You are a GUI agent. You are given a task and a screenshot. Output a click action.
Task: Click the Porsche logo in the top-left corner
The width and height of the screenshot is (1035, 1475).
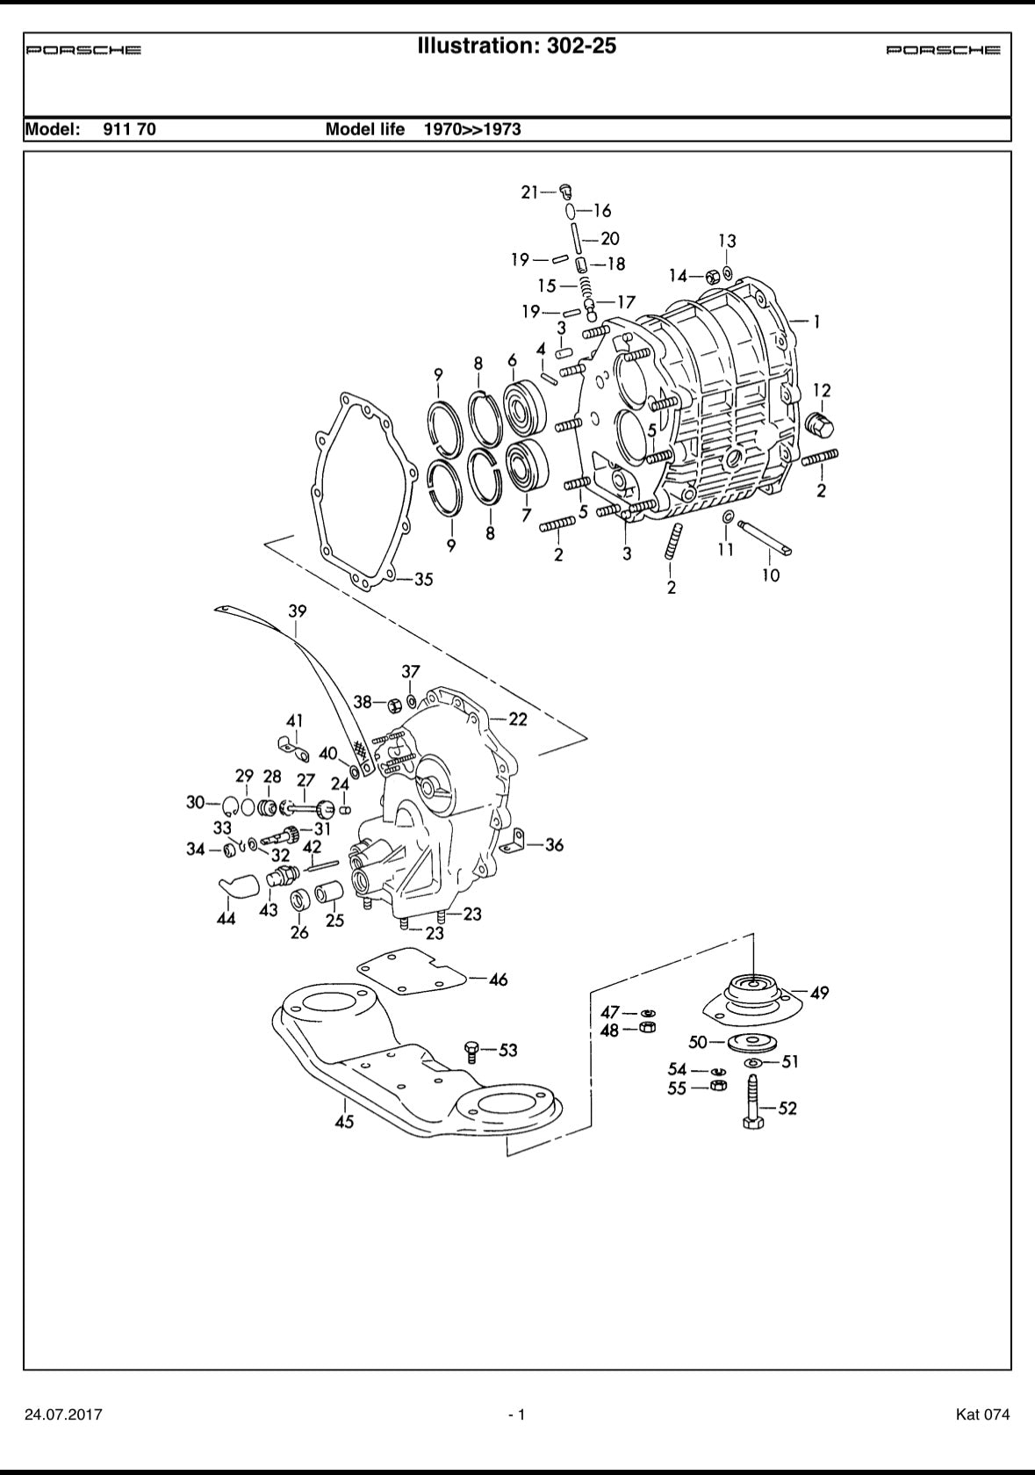click(83, 50)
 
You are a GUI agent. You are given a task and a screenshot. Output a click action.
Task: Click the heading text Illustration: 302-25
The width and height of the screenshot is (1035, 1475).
click(517, 46)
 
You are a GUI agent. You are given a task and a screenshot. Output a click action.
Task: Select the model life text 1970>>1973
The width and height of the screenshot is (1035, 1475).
click(472, 130)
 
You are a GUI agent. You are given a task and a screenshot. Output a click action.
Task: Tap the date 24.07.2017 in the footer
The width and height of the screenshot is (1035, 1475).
click(63, 1414)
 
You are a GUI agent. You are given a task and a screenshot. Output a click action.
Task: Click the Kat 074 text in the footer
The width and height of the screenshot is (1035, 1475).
click(982, 1414)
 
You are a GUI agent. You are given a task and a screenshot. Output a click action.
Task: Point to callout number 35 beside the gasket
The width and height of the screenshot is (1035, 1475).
click(423, 580)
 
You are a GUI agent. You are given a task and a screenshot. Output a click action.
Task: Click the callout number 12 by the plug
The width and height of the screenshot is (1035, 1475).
click(822, 390)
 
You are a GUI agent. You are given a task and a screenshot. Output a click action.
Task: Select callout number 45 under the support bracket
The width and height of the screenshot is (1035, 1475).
click(344, 1122)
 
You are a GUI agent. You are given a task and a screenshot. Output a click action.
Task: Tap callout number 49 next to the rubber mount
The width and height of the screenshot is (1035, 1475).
click(819, 993)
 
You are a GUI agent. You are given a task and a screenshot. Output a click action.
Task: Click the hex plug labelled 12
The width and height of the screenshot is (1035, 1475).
click(819, 426)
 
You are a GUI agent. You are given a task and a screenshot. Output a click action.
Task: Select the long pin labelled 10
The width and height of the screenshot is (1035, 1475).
click(766, 537)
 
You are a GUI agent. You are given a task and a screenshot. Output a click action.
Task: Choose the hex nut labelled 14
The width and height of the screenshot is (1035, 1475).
click(713, 276)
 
